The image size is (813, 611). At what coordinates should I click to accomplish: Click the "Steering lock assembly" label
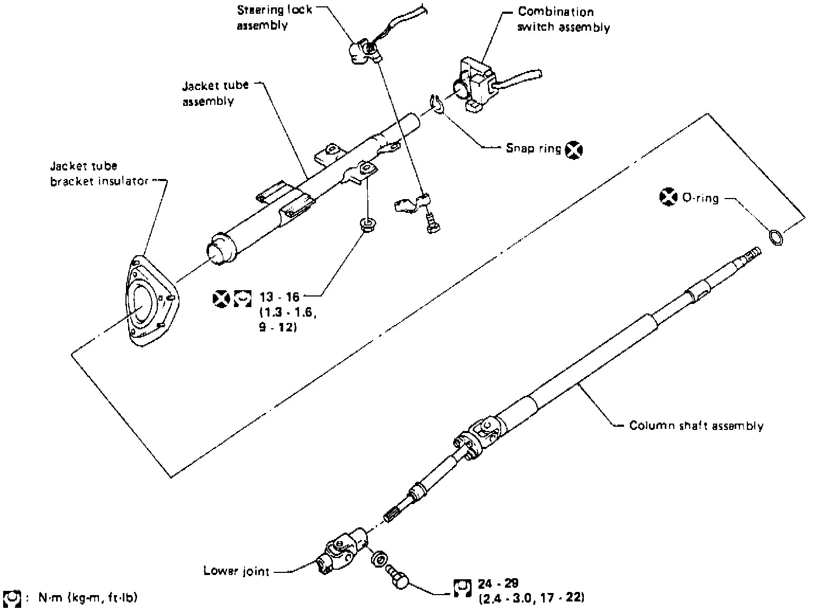pos(274,17)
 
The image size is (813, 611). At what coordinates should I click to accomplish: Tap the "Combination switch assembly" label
pos(563,20)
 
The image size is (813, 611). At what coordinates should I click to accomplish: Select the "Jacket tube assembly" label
pos(215,93)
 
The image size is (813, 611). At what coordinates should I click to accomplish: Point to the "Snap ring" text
pos(533,149)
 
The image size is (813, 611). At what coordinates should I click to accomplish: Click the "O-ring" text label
pos(700,199)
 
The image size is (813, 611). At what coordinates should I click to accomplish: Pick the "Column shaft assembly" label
pos(696,426)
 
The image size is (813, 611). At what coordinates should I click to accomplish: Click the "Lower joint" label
pos(236,571)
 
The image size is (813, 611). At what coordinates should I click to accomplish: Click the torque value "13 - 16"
pos(279,298)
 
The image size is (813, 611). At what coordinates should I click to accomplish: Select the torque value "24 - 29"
pos(498,584)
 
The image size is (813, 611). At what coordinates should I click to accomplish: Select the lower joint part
pos(341,551)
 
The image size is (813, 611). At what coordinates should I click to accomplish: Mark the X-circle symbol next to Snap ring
pos(573,150)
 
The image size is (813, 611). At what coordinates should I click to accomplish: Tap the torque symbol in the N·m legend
pos(12,598)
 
